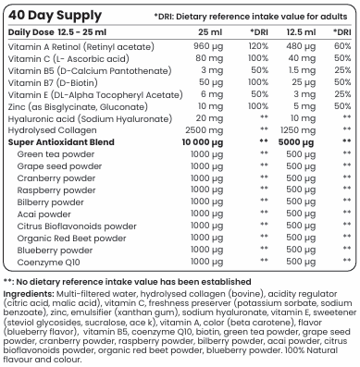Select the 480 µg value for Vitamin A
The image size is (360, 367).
tap(297, 45)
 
